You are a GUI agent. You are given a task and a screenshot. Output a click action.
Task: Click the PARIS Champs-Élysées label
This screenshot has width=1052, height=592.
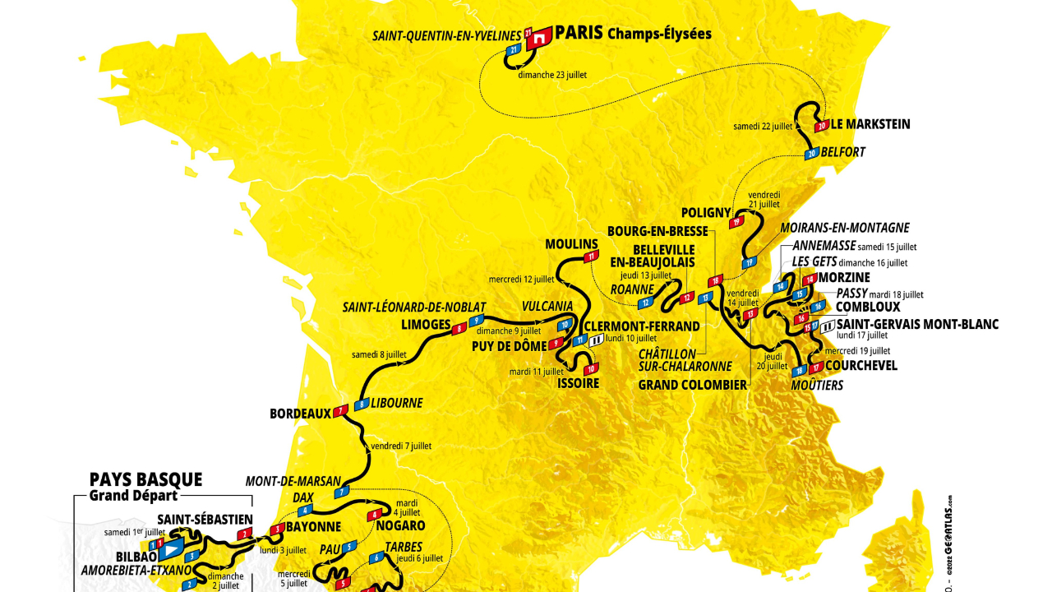(x=633, y=34)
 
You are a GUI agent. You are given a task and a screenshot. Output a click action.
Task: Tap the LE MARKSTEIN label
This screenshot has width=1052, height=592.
(x=870, y=125)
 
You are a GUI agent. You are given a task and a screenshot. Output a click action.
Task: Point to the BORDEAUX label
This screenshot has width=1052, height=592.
(x=299, y=414)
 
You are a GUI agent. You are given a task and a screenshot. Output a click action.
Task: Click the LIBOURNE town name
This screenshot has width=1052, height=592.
(x=396, y=403)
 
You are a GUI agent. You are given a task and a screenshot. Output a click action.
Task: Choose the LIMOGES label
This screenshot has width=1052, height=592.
(x=426, y=324)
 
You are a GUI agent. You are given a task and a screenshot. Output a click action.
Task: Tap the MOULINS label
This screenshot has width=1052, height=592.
(x=570, y=244)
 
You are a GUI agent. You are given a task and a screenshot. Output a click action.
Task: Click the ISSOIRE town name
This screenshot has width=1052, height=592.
(x=578, y=383)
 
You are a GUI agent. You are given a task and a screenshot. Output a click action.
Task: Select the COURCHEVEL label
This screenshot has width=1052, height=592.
(x=861, y=366)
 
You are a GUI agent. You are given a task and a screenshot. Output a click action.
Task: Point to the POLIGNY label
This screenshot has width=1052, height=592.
(x=705, y=213)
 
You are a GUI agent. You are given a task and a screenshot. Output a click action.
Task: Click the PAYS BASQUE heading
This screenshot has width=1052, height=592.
(x=145, y=479)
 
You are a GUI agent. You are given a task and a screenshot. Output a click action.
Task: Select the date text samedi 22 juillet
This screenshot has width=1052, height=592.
(x=763, y=127)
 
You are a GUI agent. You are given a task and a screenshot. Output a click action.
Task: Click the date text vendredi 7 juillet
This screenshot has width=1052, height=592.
(x=401, y=446)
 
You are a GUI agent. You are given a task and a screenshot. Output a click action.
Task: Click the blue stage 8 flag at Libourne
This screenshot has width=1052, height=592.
(x=360, y=404)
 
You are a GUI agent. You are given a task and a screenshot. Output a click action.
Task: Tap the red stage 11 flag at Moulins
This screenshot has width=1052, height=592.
(x=590, y=257)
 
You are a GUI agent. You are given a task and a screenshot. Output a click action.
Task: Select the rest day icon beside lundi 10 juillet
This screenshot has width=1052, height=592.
(x=596, y=338)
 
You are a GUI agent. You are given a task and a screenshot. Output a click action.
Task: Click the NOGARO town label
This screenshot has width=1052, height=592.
(x=400, y=525)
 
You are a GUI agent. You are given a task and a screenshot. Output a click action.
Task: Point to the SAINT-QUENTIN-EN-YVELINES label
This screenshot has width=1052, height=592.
(x=446, y=35)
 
